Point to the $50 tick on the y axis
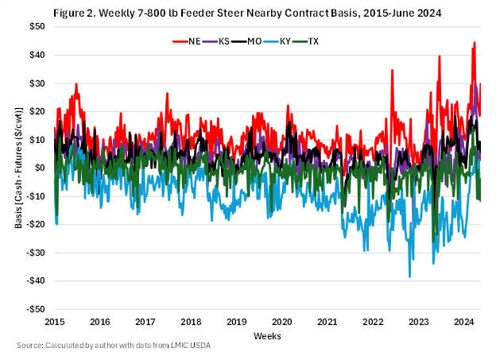click(37, 26)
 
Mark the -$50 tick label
click(35, 309)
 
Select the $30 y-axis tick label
click(37, 83)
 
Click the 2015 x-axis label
click(55, 322)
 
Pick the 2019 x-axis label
click(237, 322)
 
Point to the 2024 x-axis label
click(464, 322)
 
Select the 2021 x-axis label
click(328, 322)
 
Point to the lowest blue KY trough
click(409, 277)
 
